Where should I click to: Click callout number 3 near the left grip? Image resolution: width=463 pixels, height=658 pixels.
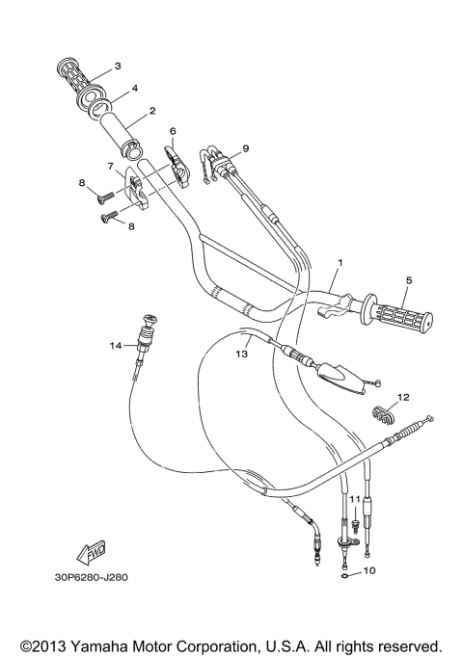tap(117, 66)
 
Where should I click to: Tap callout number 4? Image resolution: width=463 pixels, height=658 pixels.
tap(135, 89)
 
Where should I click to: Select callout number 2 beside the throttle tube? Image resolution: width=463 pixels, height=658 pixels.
tap(152, 112)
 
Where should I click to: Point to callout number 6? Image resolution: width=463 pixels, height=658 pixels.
tap(173, 130)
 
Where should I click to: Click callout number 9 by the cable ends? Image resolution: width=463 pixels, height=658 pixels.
tap(245, 148)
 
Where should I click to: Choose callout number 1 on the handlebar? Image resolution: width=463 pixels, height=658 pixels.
tap(340, 262)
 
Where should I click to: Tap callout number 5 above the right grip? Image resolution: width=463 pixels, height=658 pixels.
tap(408, 280)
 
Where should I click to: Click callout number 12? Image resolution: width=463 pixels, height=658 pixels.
tap(403, 396)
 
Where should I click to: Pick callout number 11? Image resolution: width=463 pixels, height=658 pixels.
tap(354, 499)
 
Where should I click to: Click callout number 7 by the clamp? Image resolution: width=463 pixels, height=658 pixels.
tap(112, 166)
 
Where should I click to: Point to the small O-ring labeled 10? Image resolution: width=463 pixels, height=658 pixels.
tap(345, 570)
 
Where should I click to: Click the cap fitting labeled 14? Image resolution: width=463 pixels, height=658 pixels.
tap(149, 321)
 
